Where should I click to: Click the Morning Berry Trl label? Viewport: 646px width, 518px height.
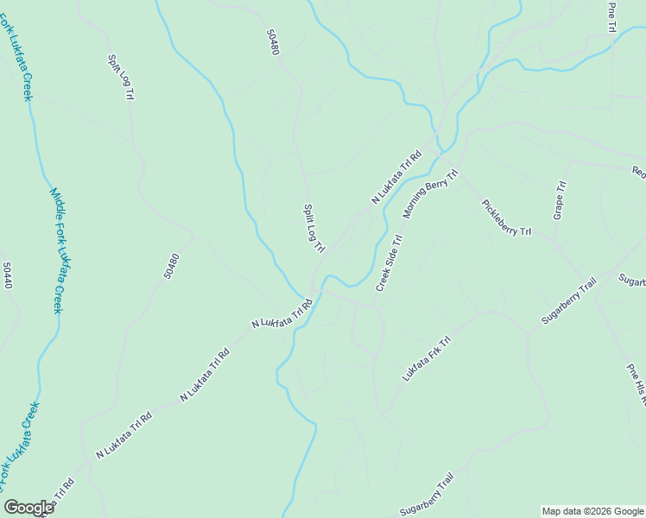[x=429, y=194]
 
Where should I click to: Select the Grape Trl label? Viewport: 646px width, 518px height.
[x=560, y=199]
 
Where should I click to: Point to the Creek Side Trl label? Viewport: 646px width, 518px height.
[x=389, y=263]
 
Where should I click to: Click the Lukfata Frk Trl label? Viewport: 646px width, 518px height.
[x=427, y=360]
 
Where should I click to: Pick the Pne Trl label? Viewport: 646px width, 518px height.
[x=611, y=17]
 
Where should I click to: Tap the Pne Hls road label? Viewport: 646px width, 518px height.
[x=636, y=385]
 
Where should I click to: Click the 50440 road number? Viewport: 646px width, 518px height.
[x=8, y=275]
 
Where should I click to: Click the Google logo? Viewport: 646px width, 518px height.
[x=28, y=508]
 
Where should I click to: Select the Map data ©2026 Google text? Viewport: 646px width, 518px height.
[x=592, y=511]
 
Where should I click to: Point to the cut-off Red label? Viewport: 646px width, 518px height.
[x=638, y=172]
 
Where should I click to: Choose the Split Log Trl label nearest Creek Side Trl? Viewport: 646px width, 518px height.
[x=313, y=228]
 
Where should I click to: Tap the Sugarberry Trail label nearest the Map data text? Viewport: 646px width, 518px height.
[x=427, y=495]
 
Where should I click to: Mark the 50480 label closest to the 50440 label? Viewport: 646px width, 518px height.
[x=171, y=265]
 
